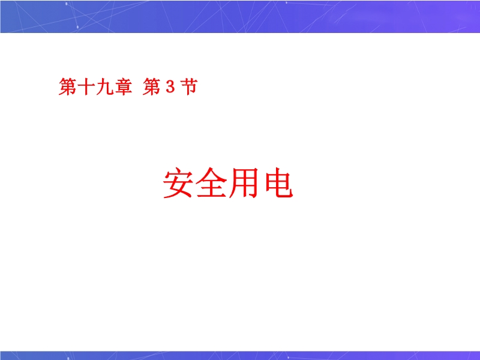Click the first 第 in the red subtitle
[x=68, y=86]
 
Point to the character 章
[x=123, y=86]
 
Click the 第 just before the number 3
[x=152, y=86]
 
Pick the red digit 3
[x=170, y=87]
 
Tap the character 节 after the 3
[x=189, y=86]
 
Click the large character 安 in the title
[x=178, y=183]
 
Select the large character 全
[x=211, y=183]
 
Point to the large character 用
[x=244, y=183]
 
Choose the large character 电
[x=278, y=183]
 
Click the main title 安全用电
[x=229, y=183]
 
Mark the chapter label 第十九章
[x=95, y=86]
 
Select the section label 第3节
[x=170, y=86]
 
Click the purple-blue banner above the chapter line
[x=240, y=17]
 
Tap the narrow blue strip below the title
[x=240, y=355]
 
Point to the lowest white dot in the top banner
[x=77, y=27]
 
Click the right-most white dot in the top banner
[x=286, y=3]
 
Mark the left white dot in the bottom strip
[x=68, y=358]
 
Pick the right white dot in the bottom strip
[x=288, y=357]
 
